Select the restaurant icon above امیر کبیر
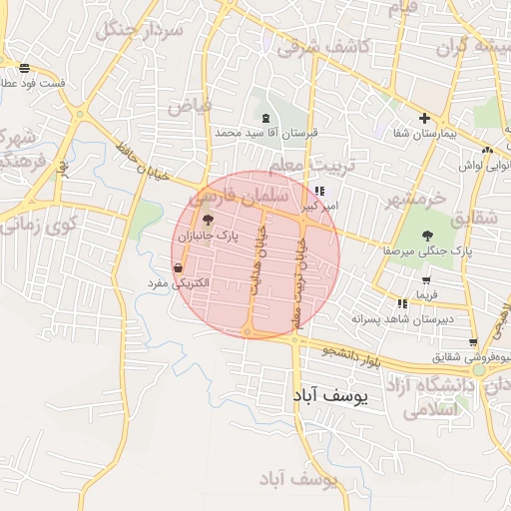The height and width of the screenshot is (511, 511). coord(318,191)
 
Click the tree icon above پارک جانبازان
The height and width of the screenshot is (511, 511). coord(208,219)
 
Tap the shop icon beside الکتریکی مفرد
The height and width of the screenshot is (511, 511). coord(179,267)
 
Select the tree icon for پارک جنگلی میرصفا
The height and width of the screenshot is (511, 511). coord(427,237)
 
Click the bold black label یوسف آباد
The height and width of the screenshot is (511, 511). coord(329,396)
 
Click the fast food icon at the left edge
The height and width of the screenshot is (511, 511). coord(24,68)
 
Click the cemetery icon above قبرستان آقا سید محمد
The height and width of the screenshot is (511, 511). coord(264,118)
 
